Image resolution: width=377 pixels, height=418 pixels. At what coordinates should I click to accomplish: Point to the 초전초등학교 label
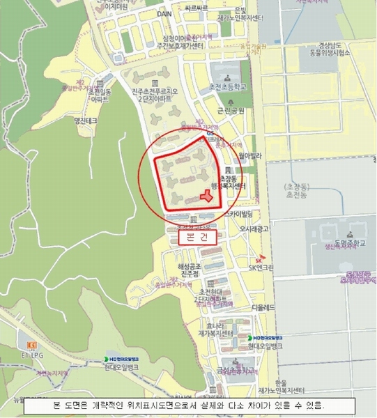click(222, 88)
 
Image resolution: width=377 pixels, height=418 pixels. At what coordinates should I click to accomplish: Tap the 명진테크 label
click(86, 120)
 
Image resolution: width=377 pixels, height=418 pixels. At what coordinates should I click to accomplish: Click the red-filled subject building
click(206, 196)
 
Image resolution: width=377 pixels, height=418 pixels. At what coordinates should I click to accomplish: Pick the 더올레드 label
click(266, 307)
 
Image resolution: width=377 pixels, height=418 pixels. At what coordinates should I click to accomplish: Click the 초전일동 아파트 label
click(99, 95)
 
